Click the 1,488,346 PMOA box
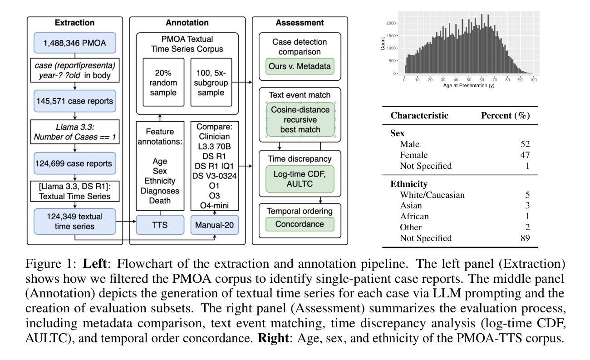point(75,43)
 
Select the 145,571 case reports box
point(75,101)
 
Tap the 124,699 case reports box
point(75,163)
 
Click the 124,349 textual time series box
point(75,222)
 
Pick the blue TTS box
point(160,225)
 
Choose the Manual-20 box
point(214,225)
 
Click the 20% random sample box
point(163,83)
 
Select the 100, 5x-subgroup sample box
point(211,83)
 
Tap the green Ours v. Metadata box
point(300,66)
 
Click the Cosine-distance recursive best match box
point(300,119)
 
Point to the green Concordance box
point(300,224)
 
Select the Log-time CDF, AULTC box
point(300,179)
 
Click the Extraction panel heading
point(75,23)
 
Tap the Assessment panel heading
point(300,23)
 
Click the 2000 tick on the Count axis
point(391,23)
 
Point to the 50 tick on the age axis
point(469,79)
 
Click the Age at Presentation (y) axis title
point(469,85)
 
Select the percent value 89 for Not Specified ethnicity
point(525,238)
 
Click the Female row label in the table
point(413,155)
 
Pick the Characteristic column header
point(419,115)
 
